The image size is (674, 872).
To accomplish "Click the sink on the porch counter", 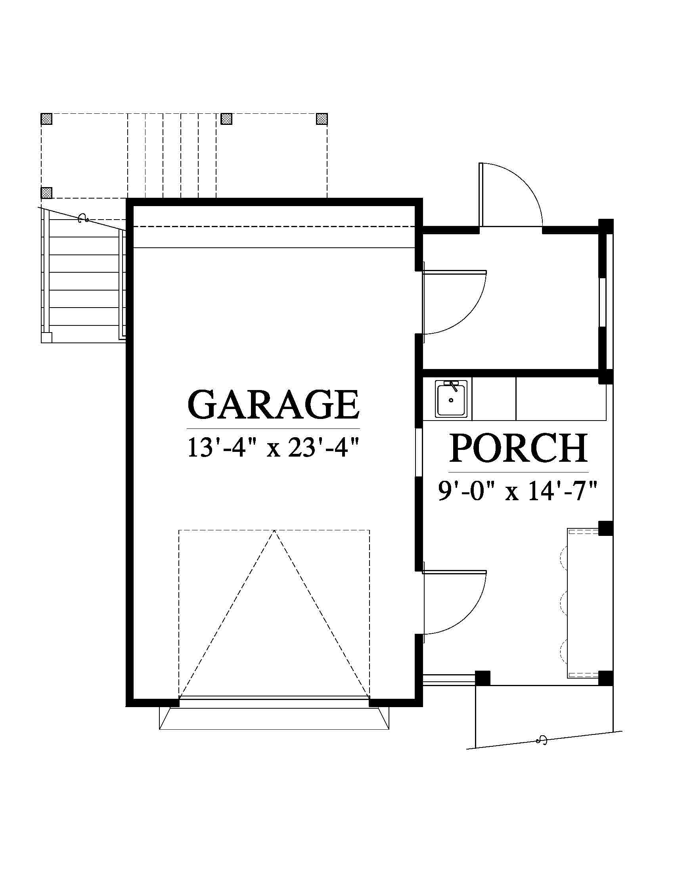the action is coord(451,399).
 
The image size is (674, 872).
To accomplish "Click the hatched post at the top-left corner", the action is coord(47,119).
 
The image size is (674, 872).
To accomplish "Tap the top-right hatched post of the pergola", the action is coord(322,119).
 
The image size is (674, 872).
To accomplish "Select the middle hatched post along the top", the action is coord(226,119).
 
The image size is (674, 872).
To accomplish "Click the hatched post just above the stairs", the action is coord(47,193).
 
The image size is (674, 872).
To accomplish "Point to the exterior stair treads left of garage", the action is coord(84,279).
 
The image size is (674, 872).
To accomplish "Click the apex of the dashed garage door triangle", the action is coord(274,530).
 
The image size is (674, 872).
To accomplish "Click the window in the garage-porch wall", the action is coord(419,453).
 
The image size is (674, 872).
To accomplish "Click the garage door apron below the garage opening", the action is coord(274,719).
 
